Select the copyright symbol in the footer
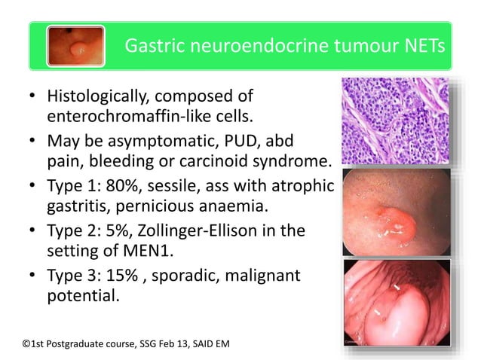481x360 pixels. point(27,344)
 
